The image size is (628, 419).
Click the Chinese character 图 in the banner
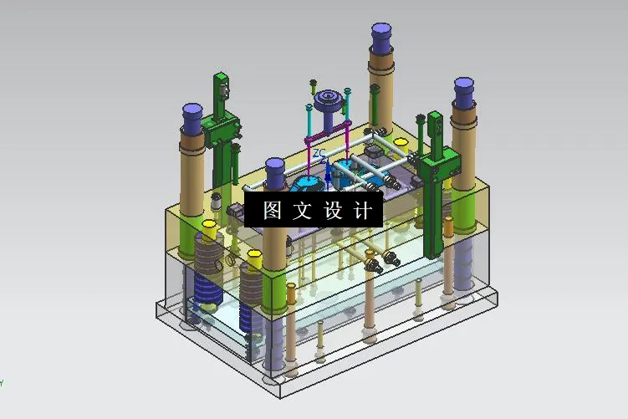[272, 210]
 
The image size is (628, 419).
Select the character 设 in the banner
[332, 210]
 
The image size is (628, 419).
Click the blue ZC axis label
[319, 154]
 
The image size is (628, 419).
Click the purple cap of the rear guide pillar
[382, 38]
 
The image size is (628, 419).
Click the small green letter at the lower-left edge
[2, 383]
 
